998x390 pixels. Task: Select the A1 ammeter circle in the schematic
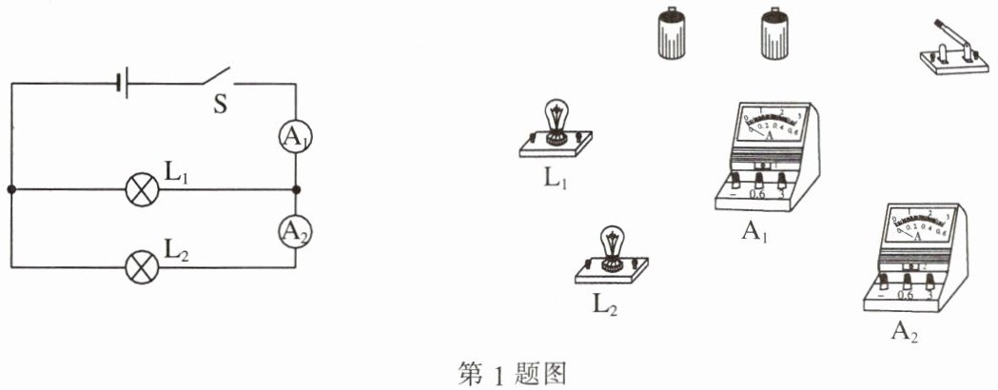coord(295,138)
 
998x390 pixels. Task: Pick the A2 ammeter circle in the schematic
coord(295,230)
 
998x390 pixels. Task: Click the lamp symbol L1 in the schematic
coord(143,189)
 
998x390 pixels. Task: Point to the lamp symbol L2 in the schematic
coord(143,267)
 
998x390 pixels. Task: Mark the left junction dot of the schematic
coord(11,189)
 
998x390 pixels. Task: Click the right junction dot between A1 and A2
coord(295,189)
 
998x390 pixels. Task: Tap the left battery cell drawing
coord(672,35)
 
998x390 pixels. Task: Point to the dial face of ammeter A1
coord(771,125)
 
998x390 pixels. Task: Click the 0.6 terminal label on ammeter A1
coord(758,194)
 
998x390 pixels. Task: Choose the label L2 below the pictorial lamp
coord(605,306)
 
